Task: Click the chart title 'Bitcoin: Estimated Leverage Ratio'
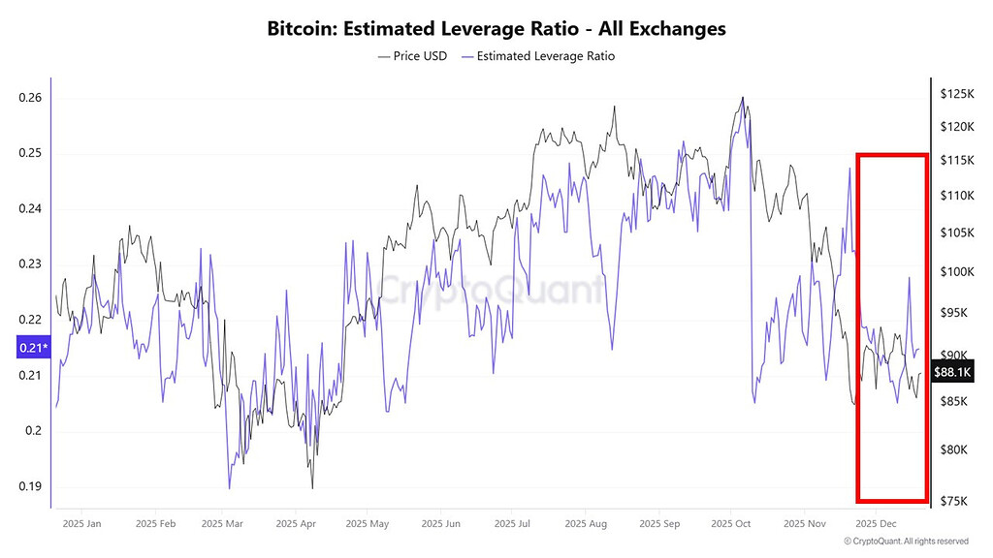496,28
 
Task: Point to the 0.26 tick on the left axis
30,98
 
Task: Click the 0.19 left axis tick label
30,486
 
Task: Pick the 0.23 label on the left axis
30,264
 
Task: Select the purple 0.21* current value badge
31,348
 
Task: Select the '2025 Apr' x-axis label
295,524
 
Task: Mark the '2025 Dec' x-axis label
876,524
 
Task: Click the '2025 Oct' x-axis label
730,524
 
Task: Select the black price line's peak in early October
743,97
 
